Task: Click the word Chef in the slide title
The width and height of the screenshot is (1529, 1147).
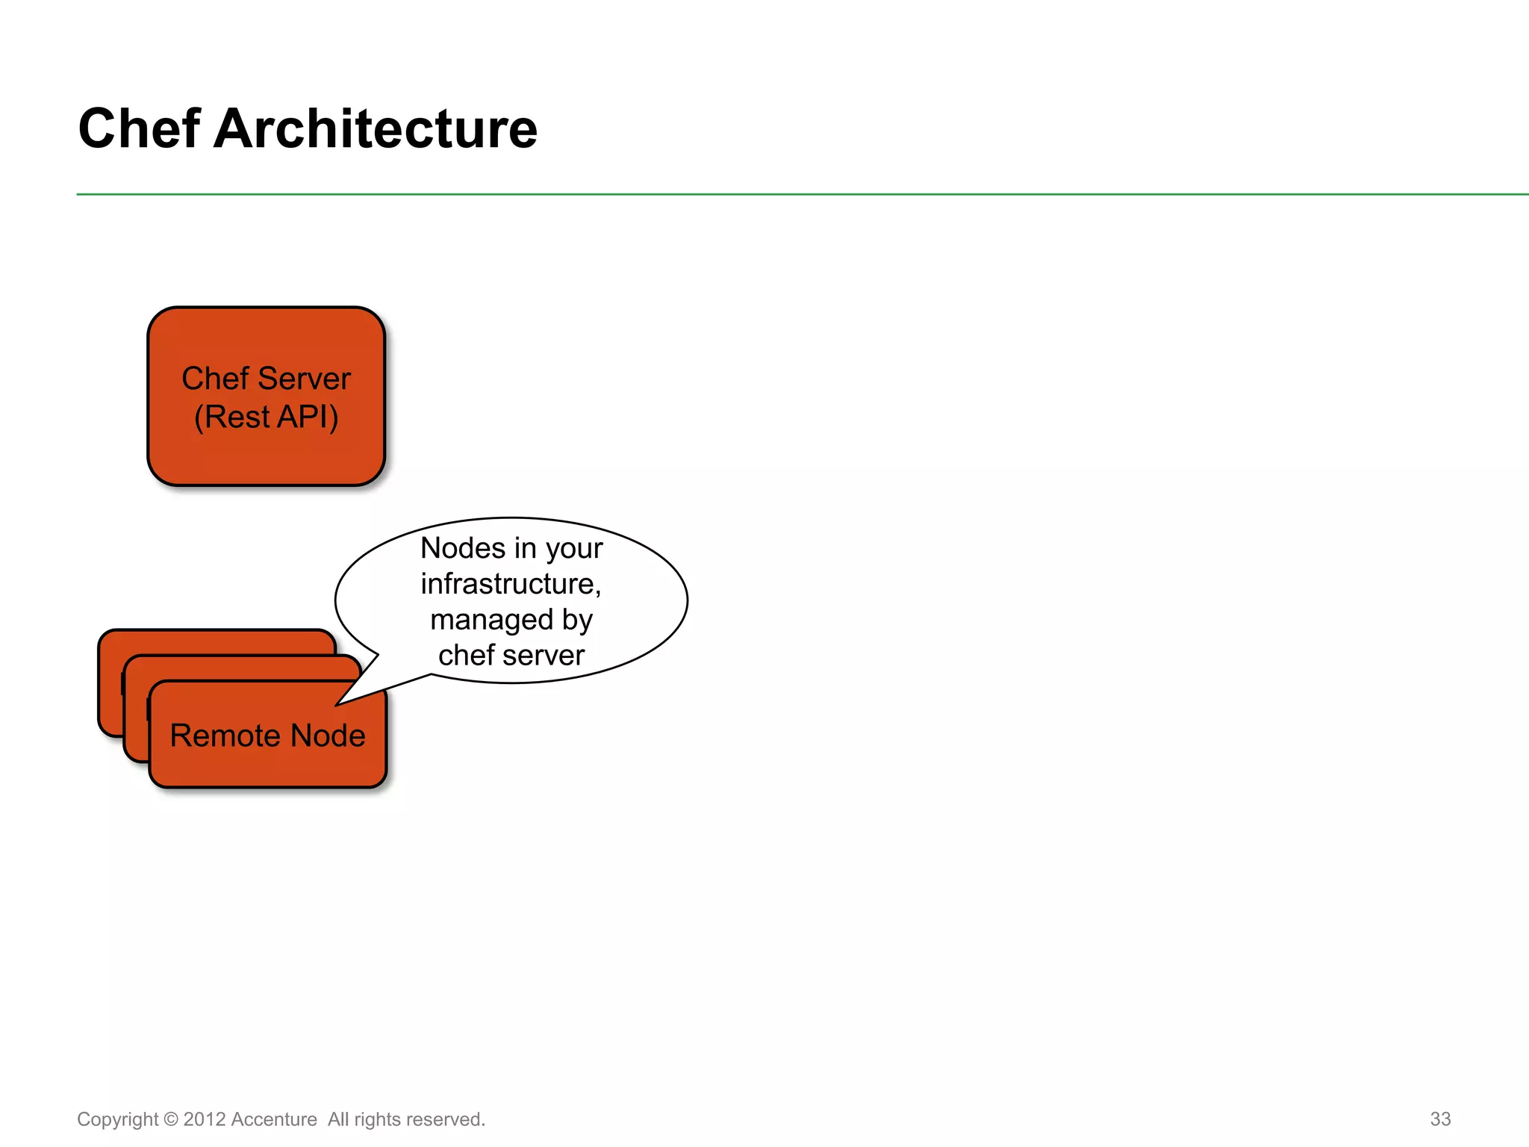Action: coord(139,129)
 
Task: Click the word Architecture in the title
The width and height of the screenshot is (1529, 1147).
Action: coord(375,129)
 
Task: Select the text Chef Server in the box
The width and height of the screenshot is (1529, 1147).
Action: coord(266,379)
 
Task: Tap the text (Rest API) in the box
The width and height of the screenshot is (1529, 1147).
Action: coord(266,417)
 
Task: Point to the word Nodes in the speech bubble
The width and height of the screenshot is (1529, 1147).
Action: coord(463,548)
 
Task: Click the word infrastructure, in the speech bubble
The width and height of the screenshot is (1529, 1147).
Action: coord(511,584)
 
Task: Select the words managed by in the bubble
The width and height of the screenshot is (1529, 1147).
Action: coord(511,620)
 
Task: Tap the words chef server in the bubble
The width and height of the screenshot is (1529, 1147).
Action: coord(511,656)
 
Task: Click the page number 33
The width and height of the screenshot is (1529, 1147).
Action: coord(1440,1119)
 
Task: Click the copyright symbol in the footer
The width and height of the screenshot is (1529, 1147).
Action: coord(171,1119)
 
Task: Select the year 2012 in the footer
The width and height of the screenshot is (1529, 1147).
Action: coord(204,1119)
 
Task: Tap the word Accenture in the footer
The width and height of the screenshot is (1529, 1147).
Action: coord(274,1119)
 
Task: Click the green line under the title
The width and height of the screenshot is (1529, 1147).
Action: coord(747,194)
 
